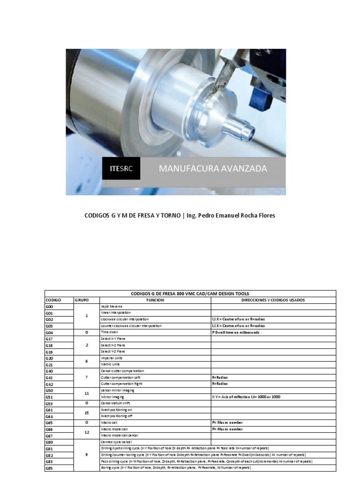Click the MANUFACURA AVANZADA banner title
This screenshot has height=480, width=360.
(x=213, y=169)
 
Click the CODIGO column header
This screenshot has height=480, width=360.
(x=54, y=300)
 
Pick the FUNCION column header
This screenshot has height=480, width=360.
(x=155, y=300)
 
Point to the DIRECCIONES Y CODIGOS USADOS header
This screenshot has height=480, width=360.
(x=273, y=300)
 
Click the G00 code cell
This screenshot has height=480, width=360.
(x=49, y=306)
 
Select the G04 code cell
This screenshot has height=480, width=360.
(x=49, y=332)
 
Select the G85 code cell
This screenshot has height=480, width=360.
(x=49, y=468)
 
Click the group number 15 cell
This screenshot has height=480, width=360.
(x=87, y=412)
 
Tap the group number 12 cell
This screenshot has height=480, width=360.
(x=87, y=432)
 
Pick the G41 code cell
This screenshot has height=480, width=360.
(x=49, y=377)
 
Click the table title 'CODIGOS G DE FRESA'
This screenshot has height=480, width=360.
(x=189, y=293)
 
